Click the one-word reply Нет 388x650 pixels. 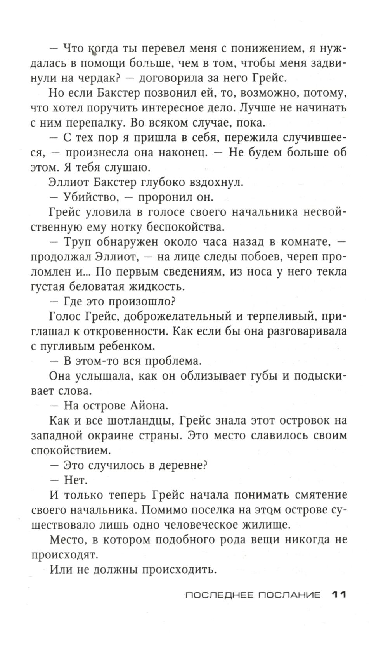point(76,480)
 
